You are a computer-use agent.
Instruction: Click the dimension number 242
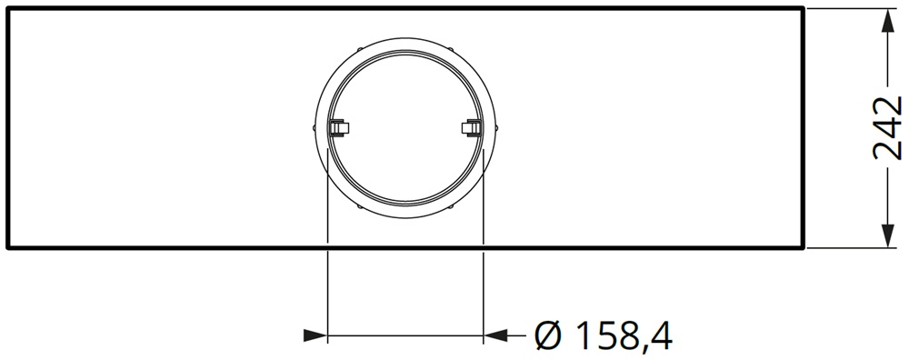886,127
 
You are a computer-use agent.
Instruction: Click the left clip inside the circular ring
338,128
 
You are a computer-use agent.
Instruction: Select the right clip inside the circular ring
471,128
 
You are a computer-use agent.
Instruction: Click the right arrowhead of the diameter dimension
496,336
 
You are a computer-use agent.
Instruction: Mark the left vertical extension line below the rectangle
326,291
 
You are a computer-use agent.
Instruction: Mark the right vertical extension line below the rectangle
484,291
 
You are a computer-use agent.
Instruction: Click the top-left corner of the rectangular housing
7,8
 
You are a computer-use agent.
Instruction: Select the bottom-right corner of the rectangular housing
803,247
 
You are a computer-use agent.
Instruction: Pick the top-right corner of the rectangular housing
803,8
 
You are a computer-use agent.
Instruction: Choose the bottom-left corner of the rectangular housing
7,247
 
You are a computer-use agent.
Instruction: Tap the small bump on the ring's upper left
361,48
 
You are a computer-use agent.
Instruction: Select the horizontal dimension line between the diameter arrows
405,336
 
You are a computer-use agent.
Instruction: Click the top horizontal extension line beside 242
850,8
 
